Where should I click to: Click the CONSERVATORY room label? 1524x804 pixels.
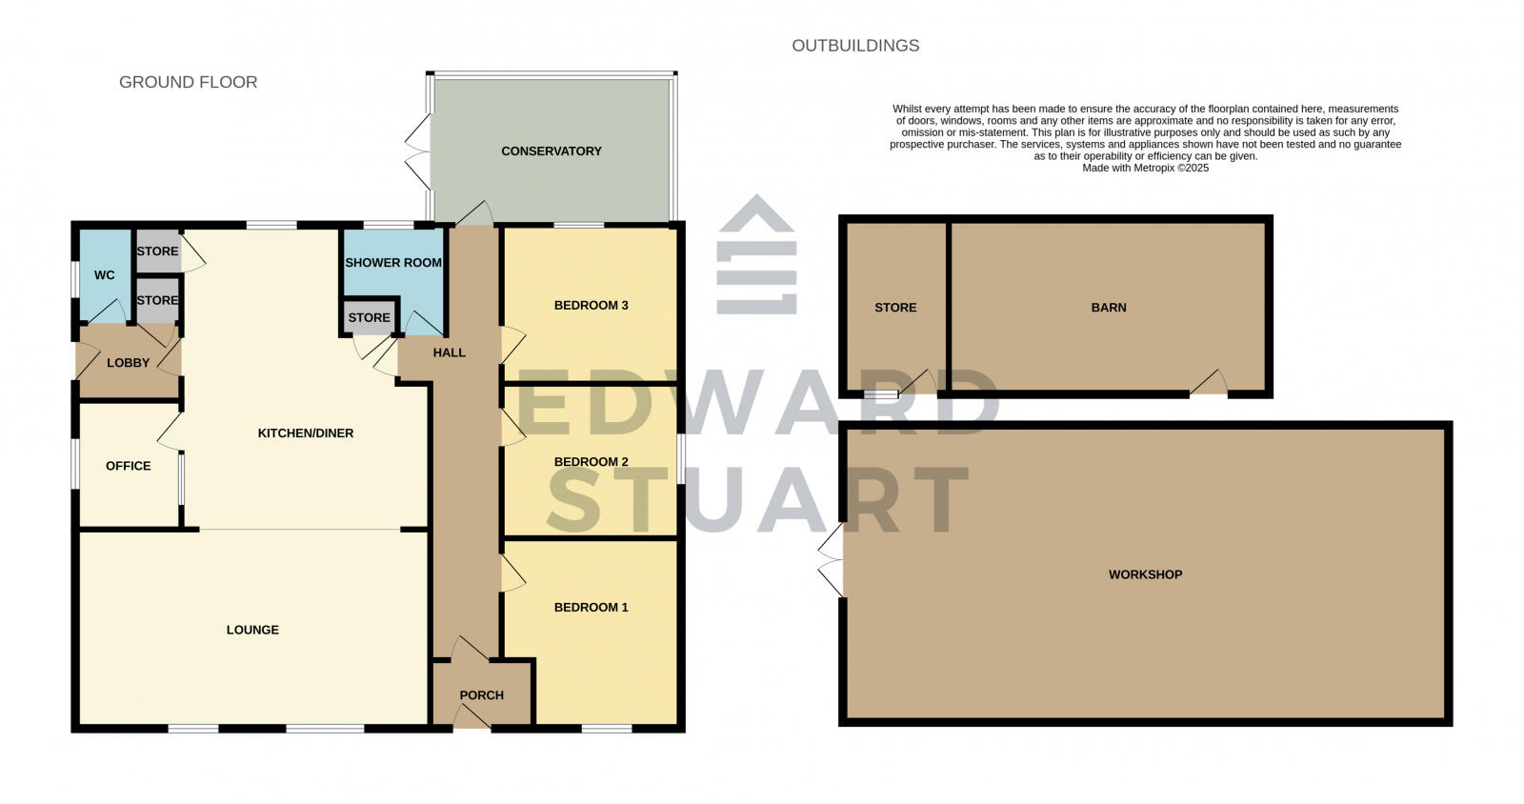pyautogui.click(x=551, y=151)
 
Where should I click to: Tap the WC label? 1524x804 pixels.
pyautogui.click(x=104, y=275)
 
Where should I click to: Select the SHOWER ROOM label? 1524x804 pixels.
pyautogui.click(x=393, y=263)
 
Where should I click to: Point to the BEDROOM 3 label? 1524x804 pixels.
pyautogui.click(x=591, y=306)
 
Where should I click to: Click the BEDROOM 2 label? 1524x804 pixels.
pyautogui.click(x=591, y=462)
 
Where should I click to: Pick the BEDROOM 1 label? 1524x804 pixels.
pyautogui.click(x=591, y=608)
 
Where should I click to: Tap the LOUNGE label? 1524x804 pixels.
pyautogui.click(x=252, y=630)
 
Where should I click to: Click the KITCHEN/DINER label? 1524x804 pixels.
pyautogui.click(x=306, y=433)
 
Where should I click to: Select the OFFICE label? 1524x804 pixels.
pyautogui.click(x=129, y=466)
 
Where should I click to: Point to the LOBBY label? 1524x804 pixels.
pyautogui.click(x=128, y=363)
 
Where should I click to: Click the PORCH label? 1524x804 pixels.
pyautogui.click(x=481, y=695)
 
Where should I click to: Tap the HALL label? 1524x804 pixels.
pyautogui.click(x=450, y=352)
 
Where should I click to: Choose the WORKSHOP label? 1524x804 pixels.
pyautogui.click(x=1145, y=575)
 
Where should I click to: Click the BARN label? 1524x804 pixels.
pyautogui.click(x=1109, y=308)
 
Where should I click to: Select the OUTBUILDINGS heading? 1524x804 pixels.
pyautogui.click(x=855, y=46)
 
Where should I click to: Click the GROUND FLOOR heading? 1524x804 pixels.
pyautogui.click(x=188, y=83)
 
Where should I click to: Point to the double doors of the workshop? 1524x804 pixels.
pyautogui.click(x=830, y=560)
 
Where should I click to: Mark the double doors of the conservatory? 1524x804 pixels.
pyautogui.click(x=417, y=151)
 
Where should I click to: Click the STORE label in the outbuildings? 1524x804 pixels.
pyautogui.click(x=895, y=308)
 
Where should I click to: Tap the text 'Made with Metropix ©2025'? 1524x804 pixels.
pyautogui.click(x=1145, y=168)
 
